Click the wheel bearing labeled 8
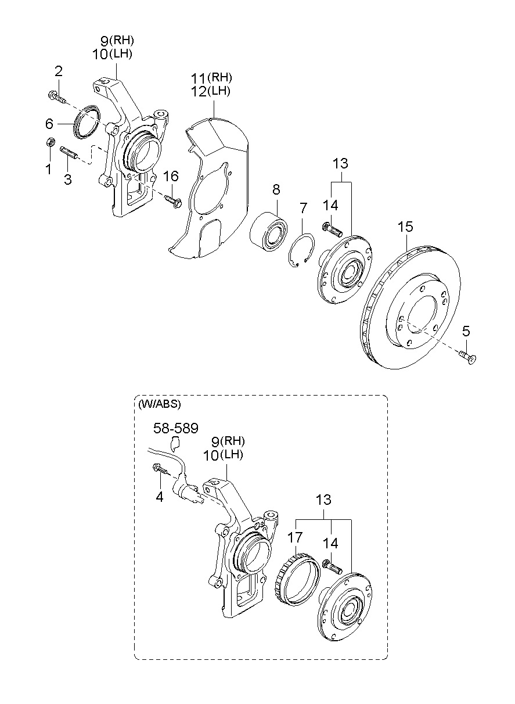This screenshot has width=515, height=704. (269, 230)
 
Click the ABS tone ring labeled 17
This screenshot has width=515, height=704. (298, 577)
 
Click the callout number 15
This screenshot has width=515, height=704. (405, 227)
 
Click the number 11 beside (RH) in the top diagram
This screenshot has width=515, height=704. (199, 77)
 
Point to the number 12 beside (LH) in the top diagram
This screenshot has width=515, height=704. (199, 91)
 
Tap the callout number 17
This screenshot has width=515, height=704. (295, 538)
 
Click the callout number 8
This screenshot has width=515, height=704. (276, 189)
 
